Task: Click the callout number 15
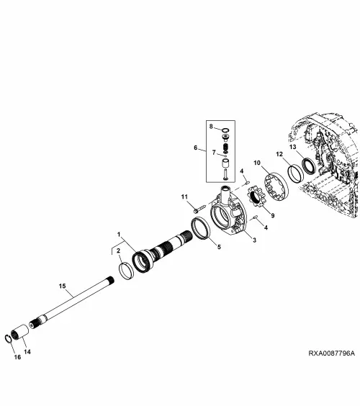pyautogui.click(x=62, y=286)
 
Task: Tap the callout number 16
pyautogui.click(x=17, y=357)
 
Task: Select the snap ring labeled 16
pyautogui.click(x=8, y=338)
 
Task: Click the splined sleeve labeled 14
pyautogui.click(x=19, y=331)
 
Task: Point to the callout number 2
pyautogui.click(x=118, y=251)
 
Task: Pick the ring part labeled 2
pyautogui.click(x=126, y=271)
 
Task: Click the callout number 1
pyautogui.click(x=119, y=235)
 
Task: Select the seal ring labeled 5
pyautogui.click(x=200, y=229)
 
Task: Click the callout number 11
pyautogui.click(x=184, y=197)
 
